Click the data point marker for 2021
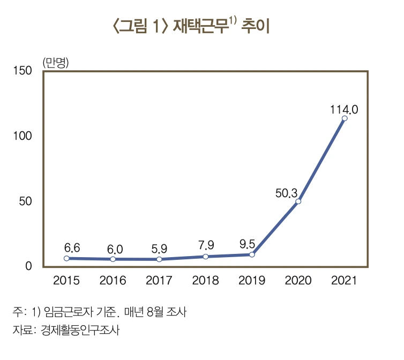click(x=344, y=118)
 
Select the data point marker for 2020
click(x=298, y=201)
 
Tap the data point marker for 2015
click(x=66, y=258)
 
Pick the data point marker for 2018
click(x=205, y=257)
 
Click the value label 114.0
click(x=343, y=109)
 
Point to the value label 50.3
click(x=286, y=193)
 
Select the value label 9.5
click(x=247, y=245)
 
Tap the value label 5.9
click(x=159, y=249)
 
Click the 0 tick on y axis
click(x=29, y=266)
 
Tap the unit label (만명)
click(x=55, y=61)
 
